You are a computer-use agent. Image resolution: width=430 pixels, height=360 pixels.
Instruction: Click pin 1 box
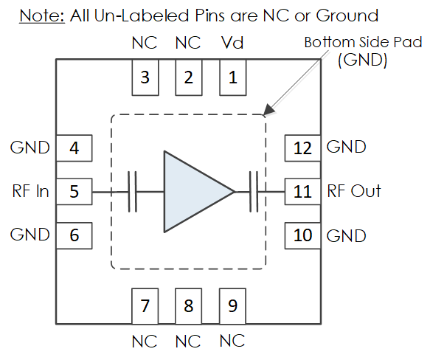pyautogui.click(x=233, y=77)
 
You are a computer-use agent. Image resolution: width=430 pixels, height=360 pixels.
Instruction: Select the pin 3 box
pyautogui.click(x=145, y=77)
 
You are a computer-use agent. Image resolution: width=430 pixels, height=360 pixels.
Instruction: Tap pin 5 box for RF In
pyautogui.click(x=74, y=192)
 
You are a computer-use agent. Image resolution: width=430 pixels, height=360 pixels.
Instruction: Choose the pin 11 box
pyautogui.click(x=302, y=192)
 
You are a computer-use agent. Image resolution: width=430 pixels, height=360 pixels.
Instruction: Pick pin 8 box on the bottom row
pyautogui.click(x=189, y=306)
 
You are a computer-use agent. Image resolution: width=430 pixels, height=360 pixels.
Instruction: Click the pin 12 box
pyautogui.click(x=302, y=148)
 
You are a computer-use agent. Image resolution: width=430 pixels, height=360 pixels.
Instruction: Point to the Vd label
pyautogui.click(x=232, y=43)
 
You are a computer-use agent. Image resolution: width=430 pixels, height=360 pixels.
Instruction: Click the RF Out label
pyautogui.click(x=354, y=191)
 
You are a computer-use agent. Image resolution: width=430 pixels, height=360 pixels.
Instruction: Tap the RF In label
pyautogui.click(x=31, y=191)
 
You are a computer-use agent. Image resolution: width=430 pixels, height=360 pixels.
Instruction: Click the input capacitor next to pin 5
pyautogui.click(x=133, y=192)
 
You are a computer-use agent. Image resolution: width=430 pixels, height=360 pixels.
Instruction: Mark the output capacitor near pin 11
pyautogui.click(x=254, y=192)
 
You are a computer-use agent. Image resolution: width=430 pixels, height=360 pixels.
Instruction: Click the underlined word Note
pyautogui.click(x=42, y=15)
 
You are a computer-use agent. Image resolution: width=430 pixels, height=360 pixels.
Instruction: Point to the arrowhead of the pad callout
pyautogui.click(x=268, y=109)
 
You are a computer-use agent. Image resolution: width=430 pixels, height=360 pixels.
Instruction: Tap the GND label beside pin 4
pyautogui.click(x=30, y=148)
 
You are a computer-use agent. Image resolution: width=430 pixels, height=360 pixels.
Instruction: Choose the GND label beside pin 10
pyautogui.click(x=347, y=236)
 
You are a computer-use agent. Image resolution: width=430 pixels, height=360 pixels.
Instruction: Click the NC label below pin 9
pyautogui.click(x=232, y=341)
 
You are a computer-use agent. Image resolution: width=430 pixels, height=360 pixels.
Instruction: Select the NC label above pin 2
pyautogui.click(x=188, y=43)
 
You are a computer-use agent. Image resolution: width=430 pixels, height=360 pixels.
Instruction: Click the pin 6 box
pyautogui.click(x=74, y=235)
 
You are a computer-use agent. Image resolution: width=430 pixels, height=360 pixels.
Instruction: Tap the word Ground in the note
pyautogui.click(x=347, y=15)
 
